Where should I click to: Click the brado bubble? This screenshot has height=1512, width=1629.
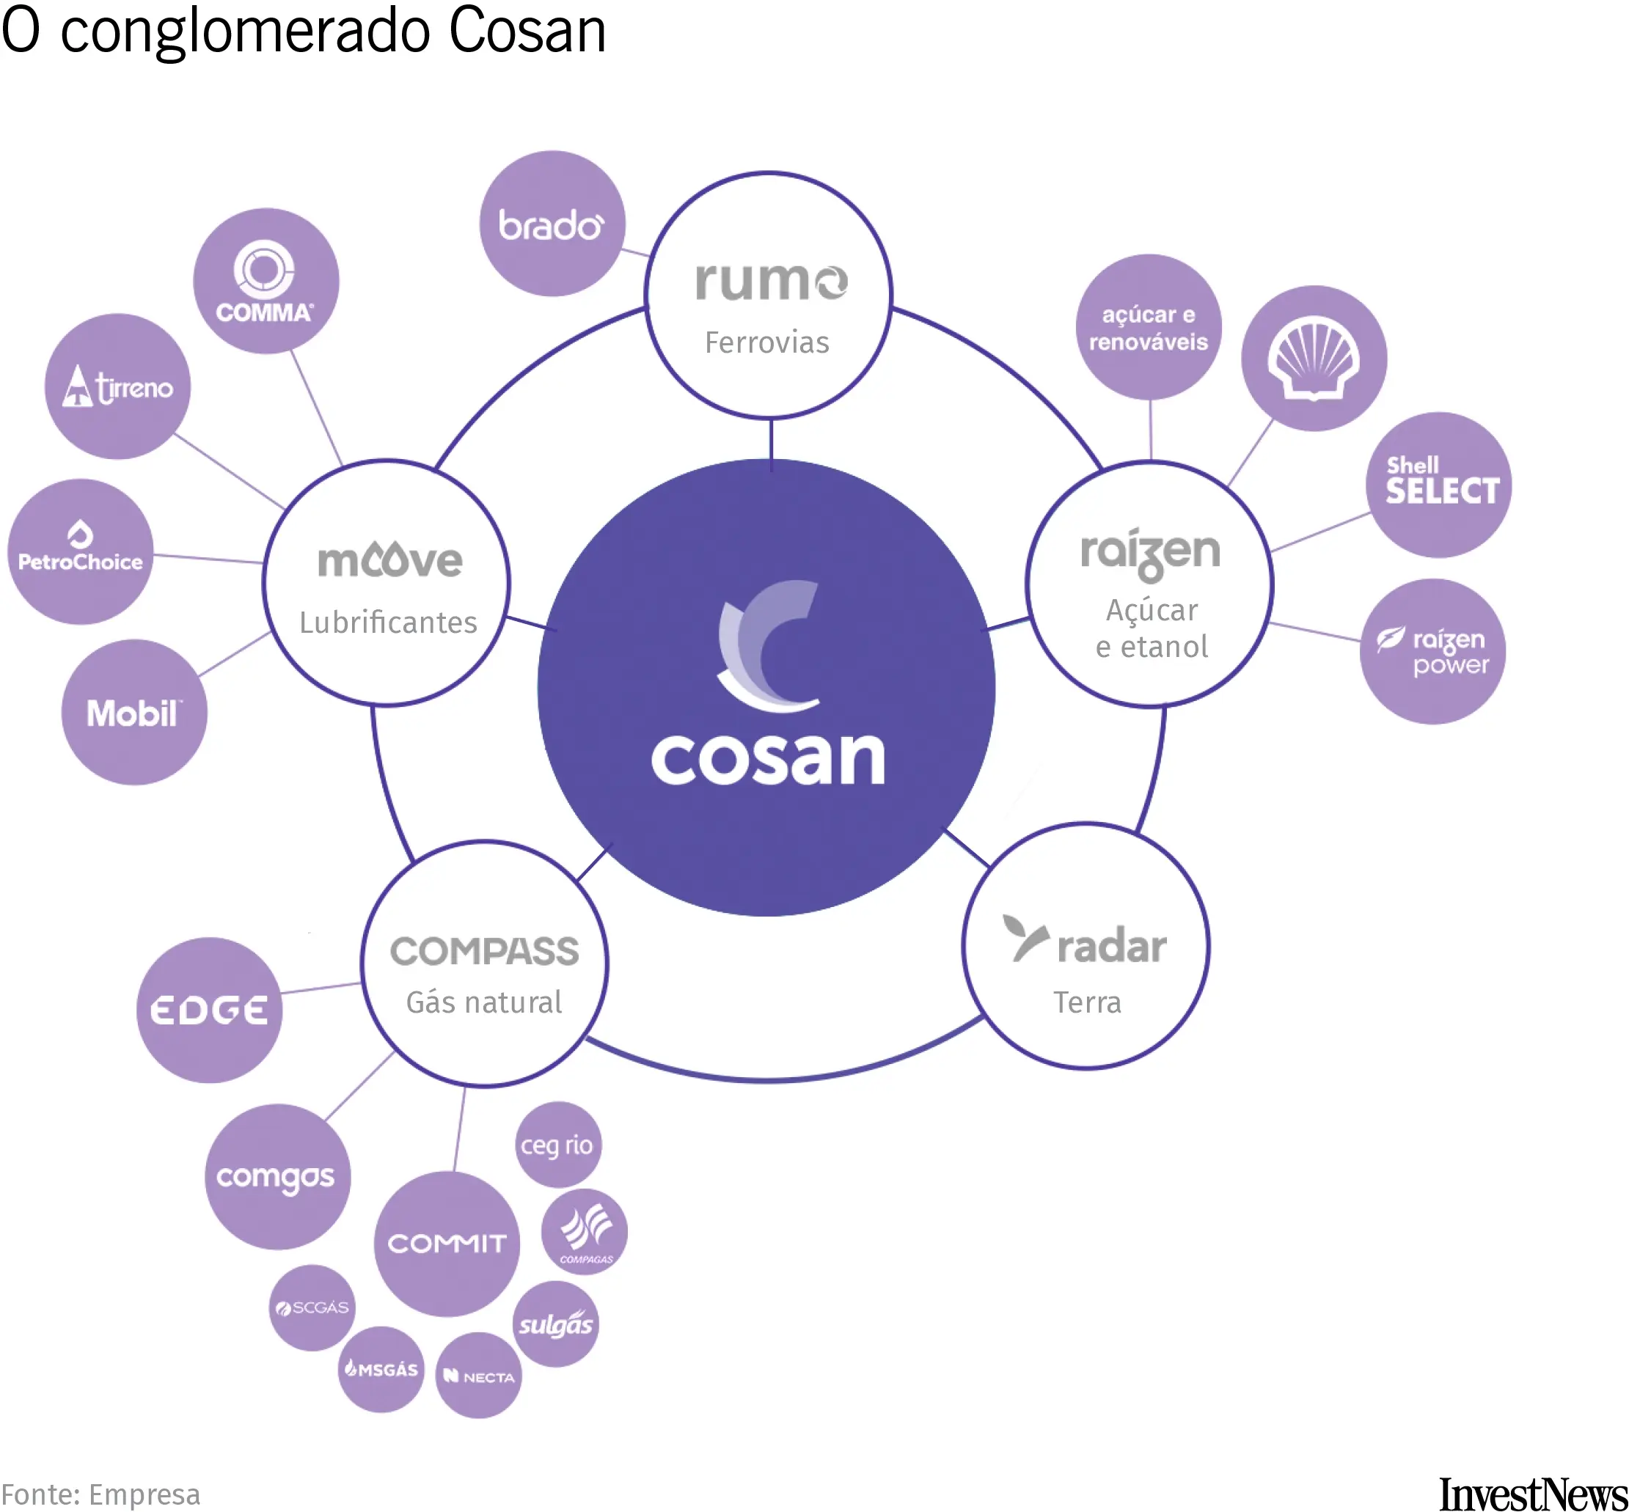click(x=552, y=224)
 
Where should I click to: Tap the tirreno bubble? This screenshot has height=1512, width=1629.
click(x=117, y=386)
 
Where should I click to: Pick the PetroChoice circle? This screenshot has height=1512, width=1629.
click(x=80, y=551)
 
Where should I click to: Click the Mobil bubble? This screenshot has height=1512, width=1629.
click(x=134, y=712)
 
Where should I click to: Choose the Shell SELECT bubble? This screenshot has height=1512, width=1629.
click(x=1438, y=485)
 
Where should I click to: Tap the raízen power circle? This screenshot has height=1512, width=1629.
click(x=1432, y=651)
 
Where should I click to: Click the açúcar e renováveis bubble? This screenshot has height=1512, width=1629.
click(x=1148, y=327)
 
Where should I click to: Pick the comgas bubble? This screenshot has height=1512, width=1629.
click(x=277, y=1177)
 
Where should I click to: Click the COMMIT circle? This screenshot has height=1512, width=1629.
click(x=447, y=1244)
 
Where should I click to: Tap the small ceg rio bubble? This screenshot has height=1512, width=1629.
click(x=557, y=1145)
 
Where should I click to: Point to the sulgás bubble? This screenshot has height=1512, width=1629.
click(x=555, y=1324)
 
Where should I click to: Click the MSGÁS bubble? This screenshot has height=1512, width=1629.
click(x=381, y=1369)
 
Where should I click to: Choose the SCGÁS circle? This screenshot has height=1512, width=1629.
click(x=312, y=1307)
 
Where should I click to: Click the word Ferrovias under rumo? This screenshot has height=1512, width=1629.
click(x=766, y=342)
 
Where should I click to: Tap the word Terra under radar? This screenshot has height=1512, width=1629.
click(x=1086, y=1002)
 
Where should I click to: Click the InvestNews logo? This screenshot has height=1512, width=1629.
click(x=1532, y=1493)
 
